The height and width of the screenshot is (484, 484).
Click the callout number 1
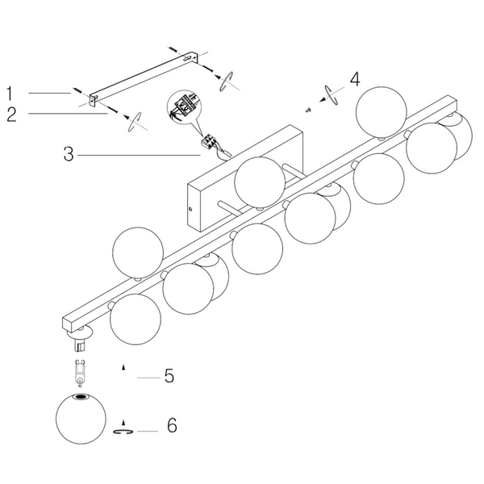click(10, 94)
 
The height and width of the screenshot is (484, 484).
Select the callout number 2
click(11, 115)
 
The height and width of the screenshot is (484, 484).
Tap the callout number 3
click(69, 154)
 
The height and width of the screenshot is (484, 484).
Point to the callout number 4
click(355, 79)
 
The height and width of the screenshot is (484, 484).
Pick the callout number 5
click(169, 375)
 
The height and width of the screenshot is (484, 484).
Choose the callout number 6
click(172, 425)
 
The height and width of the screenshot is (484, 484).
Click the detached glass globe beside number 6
click(81, 419)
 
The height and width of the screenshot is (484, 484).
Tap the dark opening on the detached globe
click(81, 397)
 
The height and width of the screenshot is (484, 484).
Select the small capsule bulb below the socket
click(80, 373)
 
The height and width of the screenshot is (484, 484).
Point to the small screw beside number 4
click(308, 110)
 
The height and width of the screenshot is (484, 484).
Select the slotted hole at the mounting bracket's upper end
click(187, 58)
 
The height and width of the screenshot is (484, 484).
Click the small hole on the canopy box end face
click(190, 209)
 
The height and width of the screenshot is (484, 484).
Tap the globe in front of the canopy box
click(260, 182)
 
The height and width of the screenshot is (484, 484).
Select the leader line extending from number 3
click(139, 155)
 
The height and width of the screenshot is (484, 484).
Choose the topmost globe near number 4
click(382, 112)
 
